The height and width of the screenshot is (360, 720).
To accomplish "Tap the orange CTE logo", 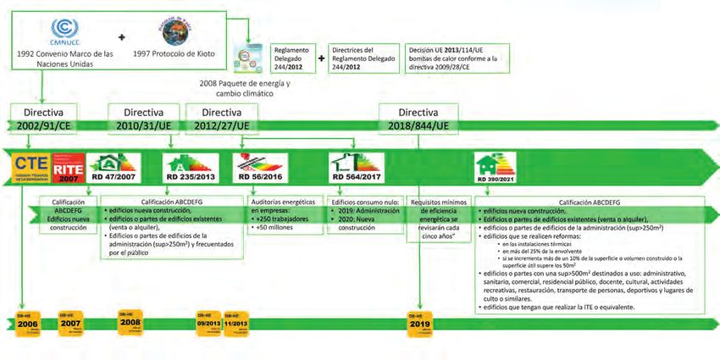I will point(31,166).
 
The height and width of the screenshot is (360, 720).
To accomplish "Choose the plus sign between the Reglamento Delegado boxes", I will point(321,59).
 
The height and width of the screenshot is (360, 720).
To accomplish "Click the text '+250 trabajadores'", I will point(282,220).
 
